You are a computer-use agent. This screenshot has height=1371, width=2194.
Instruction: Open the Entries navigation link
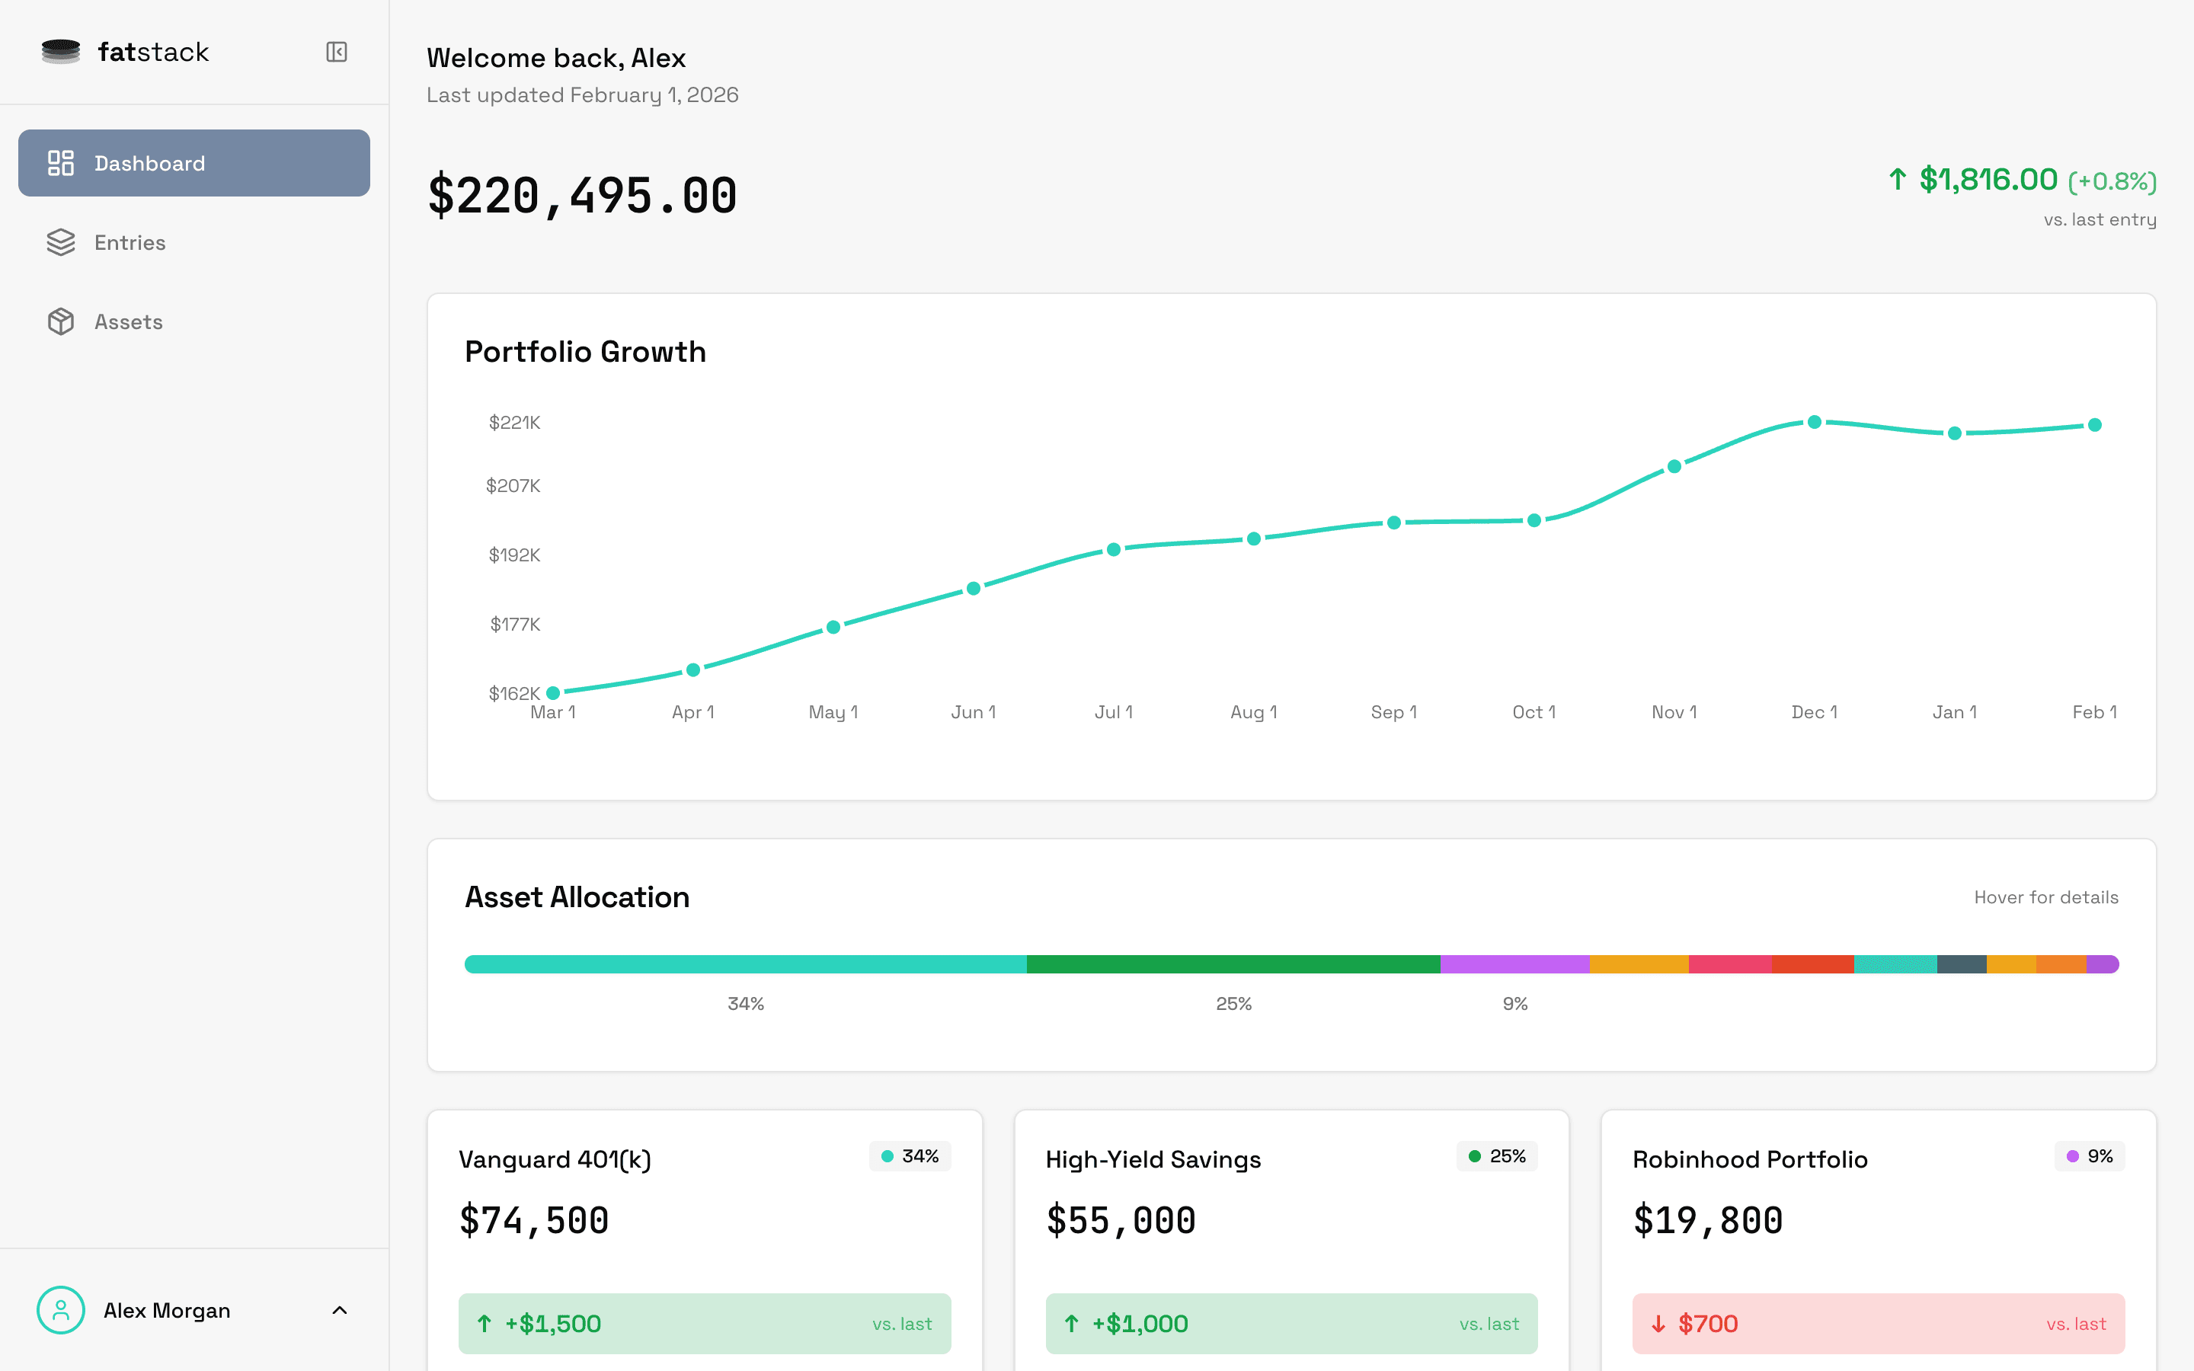coord(130,243)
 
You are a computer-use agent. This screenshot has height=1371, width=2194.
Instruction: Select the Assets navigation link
coord(128,322)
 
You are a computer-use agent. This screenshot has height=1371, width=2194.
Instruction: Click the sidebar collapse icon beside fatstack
coord(337,52)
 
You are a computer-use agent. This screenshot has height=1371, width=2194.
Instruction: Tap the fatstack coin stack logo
coord(61,52)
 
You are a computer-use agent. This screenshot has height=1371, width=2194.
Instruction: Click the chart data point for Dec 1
coord(1814,423)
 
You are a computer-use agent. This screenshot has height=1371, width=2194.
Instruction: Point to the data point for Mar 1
coord(553,694)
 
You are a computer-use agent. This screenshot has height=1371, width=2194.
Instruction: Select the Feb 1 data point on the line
coord(2094,425)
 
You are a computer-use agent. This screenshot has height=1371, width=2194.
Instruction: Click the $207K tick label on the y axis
coord(513,486)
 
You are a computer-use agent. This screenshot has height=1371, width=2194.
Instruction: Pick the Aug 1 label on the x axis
coord(1253,713)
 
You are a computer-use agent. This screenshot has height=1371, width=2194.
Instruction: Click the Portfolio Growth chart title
coord(585,352)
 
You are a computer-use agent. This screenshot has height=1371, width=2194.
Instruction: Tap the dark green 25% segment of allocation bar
coord(1233,964)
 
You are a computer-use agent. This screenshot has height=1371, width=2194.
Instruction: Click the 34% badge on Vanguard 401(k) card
coord(910,1156)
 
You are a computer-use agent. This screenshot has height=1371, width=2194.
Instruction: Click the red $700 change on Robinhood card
coord(1707,1324)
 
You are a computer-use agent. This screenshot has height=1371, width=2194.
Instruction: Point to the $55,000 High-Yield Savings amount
coord(1121,1220)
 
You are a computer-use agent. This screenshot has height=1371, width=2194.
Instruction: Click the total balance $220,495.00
coord(582,196)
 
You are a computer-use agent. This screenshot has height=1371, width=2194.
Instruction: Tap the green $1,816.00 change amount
coord(1988,180)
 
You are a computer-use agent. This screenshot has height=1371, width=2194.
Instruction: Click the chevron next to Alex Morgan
coord(340,1310)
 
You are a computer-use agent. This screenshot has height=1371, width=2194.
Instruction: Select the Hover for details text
coord(2045,898)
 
